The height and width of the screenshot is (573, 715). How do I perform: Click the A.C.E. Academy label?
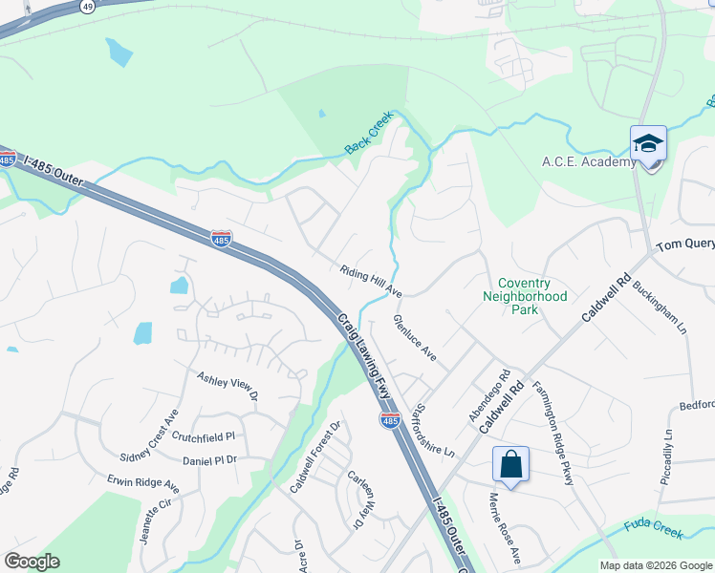(589, 161)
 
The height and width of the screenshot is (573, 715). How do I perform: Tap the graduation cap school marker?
(648, 144)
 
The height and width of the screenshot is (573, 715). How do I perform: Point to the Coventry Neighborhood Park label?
(524, 296)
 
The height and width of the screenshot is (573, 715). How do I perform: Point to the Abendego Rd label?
(502, 386)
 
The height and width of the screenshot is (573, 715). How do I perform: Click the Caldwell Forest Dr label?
(315, 457)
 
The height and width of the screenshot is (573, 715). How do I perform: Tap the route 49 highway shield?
(87, 6)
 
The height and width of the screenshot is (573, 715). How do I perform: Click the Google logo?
(32, 562)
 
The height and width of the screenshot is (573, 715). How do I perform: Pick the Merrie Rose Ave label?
(505, 528)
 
